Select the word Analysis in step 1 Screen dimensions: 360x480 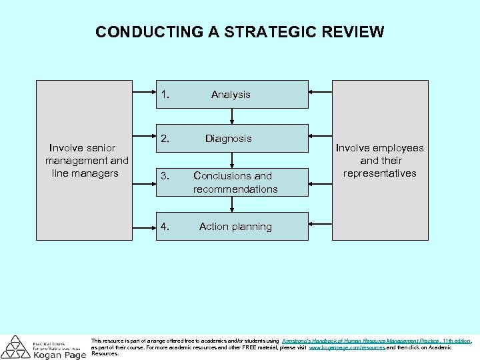(x=231, y=95)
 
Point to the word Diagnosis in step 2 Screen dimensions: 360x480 (x=228, y=139)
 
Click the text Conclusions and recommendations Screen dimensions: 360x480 (x=235, y=183)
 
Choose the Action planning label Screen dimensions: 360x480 (x=235, y=227)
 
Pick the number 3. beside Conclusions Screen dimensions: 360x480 (x=165, y=176)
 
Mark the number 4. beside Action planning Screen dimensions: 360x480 (x=165, y=227)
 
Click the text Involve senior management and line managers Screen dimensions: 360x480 (x=86, y=161)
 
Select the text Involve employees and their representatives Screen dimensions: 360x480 (x=379, y=161)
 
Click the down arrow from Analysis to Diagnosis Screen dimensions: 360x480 (x=231, y=116)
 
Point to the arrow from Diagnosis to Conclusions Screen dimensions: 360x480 (x=231, y=160)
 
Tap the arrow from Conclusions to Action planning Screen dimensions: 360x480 (x=231, y=204)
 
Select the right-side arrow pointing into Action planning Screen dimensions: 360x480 (x=321, y=226)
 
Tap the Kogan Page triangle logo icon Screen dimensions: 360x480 (x=15, y=347)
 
